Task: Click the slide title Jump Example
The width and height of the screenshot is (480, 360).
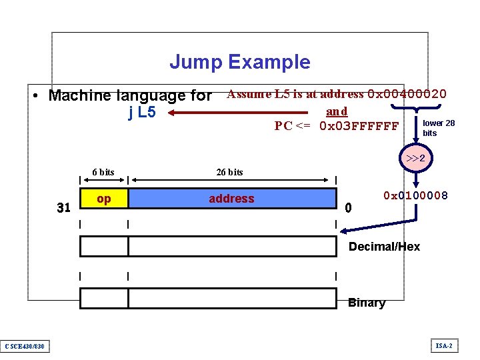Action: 239,62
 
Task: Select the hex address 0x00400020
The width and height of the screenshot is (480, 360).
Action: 407,94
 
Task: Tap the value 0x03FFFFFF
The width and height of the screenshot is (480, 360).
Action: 359,126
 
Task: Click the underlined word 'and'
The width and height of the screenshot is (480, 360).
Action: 336,111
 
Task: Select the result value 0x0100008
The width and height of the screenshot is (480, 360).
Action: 415,196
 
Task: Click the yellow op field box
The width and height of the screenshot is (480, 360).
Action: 104,199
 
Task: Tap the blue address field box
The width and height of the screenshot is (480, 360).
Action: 232,199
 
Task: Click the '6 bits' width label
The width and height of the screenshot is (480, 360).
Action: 103,172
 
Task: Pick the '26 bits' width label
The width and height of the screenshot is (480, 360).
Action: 230,172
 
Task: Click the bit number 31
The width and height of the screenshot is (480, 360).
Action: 63,208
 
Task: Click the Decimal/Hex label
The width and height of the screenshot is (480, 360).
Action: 384,247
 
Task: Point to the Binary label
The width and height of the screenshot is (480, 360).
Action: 367,303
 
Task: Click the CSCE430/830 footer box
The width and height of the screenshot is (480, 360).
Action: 25,345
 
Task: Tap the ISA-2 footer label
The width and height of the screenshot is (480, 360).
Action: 444,345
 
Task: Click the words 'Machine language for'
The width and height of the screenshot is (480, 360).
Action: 130,95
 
